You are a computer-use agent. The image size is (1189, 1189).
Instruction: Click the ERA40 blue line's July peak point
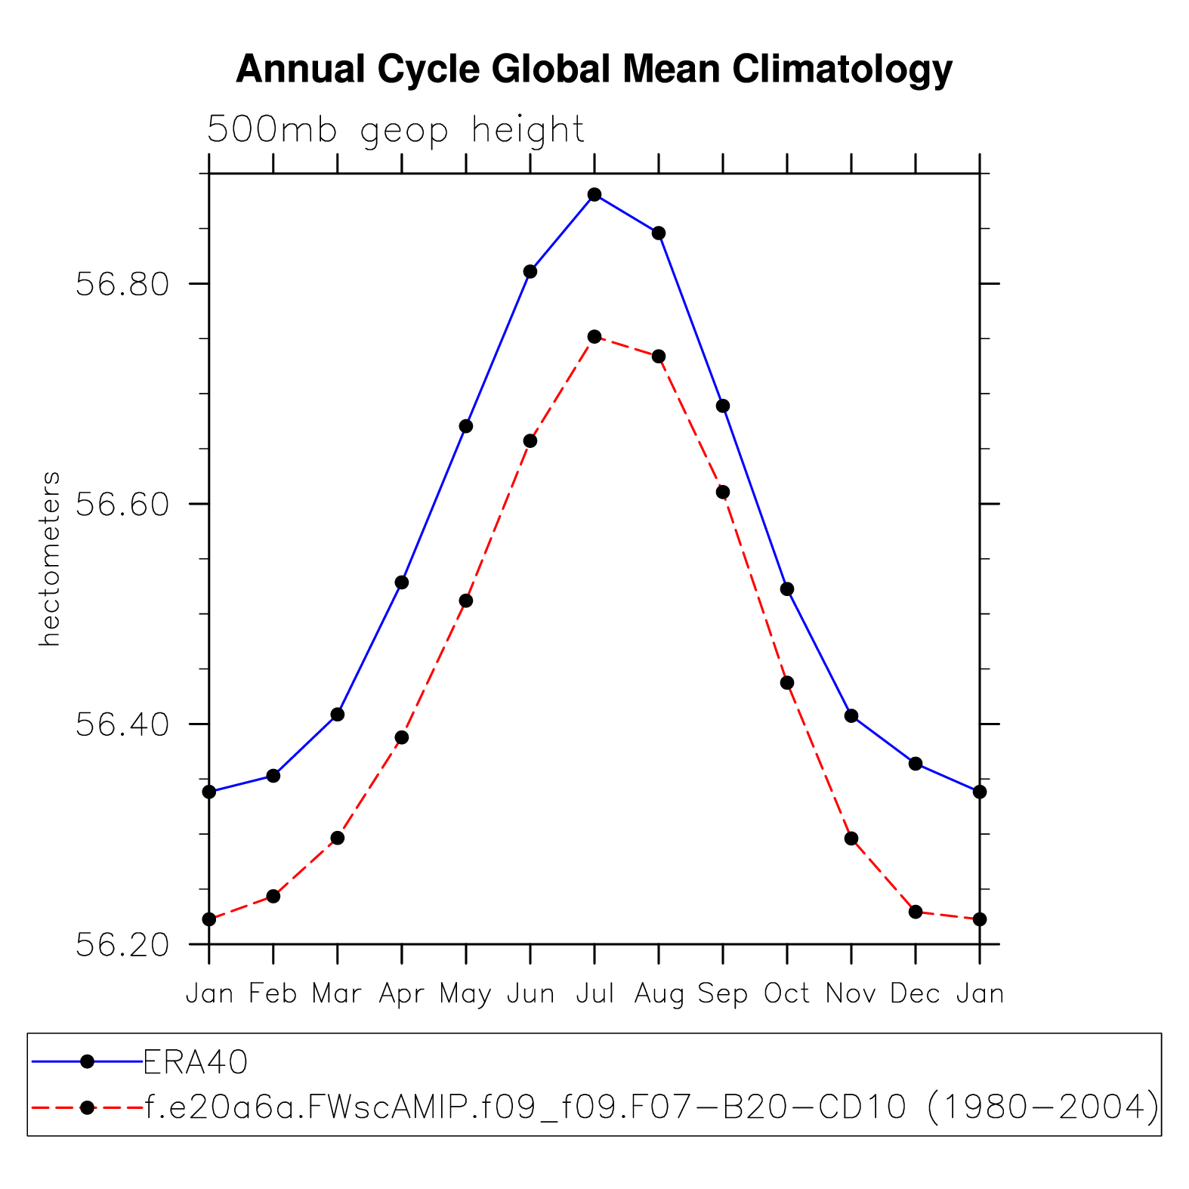(594, 195)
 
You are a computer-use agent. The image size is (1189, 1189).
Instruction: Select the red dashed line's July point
(594, 337)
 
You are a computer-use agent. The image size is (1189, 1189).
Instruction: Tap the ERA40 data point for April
(402, 582)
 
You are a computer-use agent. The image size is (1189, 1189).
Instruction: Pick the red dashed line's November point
(851, 838)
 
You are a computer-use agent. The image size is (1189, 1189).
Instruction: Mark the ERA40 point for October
(787, 589)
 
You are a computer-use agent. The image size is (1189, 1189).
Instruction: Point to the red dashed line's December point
(916, 912)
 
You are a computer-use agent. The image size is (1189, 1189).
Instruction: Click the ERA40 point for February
(273, 776)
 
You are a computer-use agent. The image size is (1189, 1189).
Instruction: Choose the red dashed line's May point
(466, 601)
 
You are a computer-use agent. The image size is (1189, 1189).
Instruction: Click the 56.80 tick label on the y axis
(122, 286)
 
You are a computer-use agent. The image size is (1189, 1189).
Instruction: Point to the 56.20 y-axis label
(122, 945)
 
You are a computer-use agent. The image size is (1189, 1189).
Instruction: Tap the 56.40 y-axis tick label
(122, 725)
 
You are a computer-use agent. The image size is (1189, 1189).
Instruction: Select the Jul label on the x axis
(594, 994)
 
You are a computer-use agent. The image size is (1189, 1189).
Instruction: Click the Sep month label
(723, 994)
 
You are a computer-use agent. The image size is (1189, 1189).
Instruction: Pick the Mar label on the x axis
(337, 994)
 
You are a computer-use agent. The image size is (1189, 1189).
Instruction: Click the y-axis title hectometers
(50, 559)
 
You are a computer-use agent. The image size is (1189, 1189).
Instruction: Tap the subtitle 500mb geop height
(396, 130)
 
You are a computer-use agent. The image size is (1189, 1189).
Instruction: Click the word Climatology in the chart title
(842, 69)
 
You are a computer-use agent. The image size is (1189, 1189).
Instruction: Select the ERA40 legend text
(196, 1063)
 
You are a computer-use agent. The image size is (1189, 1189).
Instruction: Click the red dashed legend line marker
(88, 1107)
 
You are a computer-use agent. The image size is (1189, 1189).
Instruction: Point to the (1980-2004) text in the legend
(1042, 1107)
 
